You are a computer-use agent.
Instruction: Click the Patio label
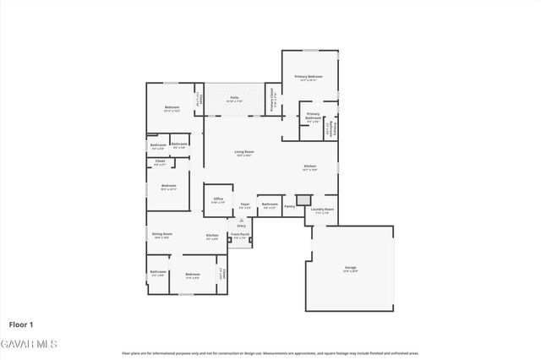click(x=234, y=99)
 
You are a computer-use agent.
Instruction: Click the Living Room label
click(x=245, y=153)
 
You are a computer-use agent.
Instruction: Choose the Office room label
click(x=218, y=200)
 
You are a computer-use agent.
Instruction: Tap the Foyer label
click(x=245, y=205)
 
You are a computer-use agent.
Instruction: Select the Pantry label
click(x=289, y=205)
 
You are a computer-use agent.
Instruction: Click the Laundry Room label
click(x=323, y=210)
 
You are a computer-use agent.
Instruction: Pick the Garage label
click(x=350, y=269)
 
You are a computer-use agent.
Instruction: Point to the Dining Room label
click(x=161, y=235)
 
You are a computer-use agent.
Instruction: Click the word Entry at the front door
click(x=242, y=226)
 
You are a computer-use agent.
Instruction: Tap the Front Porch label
click(x=240, y=236)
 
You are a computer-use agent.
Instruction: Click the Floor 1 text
click(x=21, y=325)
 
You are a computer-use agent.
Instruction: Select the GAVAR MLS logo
click(x=28, y=344)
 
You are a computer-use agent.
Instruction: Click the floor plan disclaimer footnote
click(x=270, y=353)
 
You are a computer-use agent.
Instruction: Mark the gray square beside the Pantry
click(x=303, y=201)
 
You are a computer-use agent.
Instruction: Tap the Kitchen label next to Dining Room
click(x=212, y=237)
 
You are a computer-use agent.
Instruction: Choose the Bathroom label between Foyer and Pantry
click(x=270, y=205)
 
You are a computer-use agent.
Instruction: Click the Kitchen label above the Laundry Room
click(x=310, y=167)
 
